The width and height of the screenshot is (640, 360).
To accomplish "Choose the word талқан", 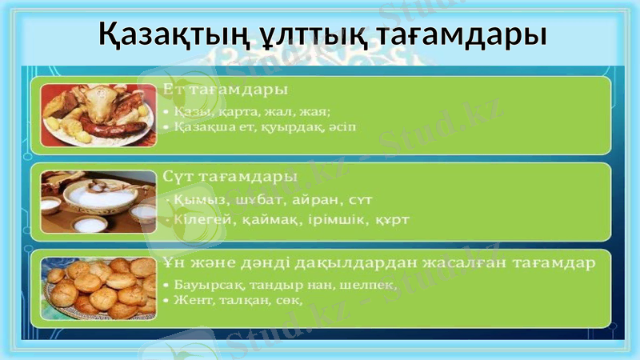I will [x=232, y=300].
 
